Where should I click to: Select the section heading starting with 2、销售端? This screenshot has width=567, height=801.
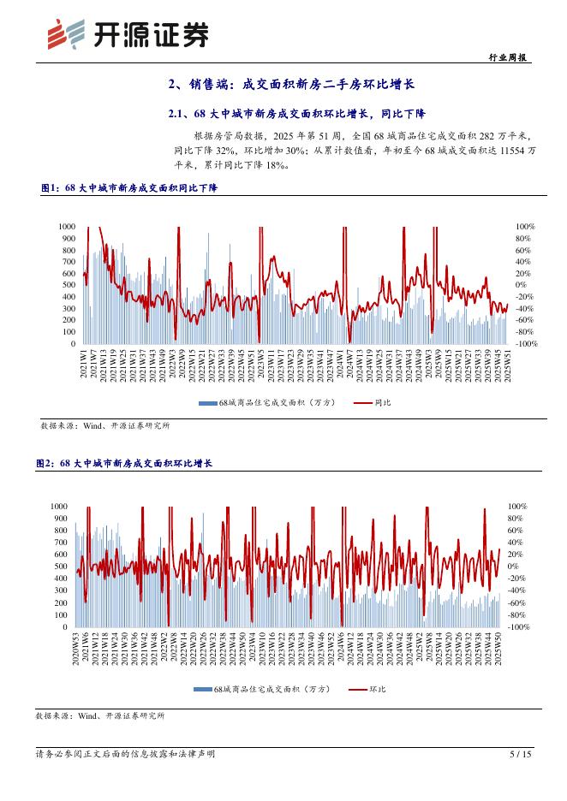coord(290,84)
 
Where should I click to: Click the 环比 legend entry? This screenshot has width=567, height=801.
coord(367,689)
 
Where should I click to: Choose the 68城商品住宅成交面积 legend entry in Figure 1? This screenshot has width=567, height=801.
coord(266,402)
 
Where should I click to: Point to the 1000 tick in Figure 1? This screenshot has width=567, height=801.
coord(67,226)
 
